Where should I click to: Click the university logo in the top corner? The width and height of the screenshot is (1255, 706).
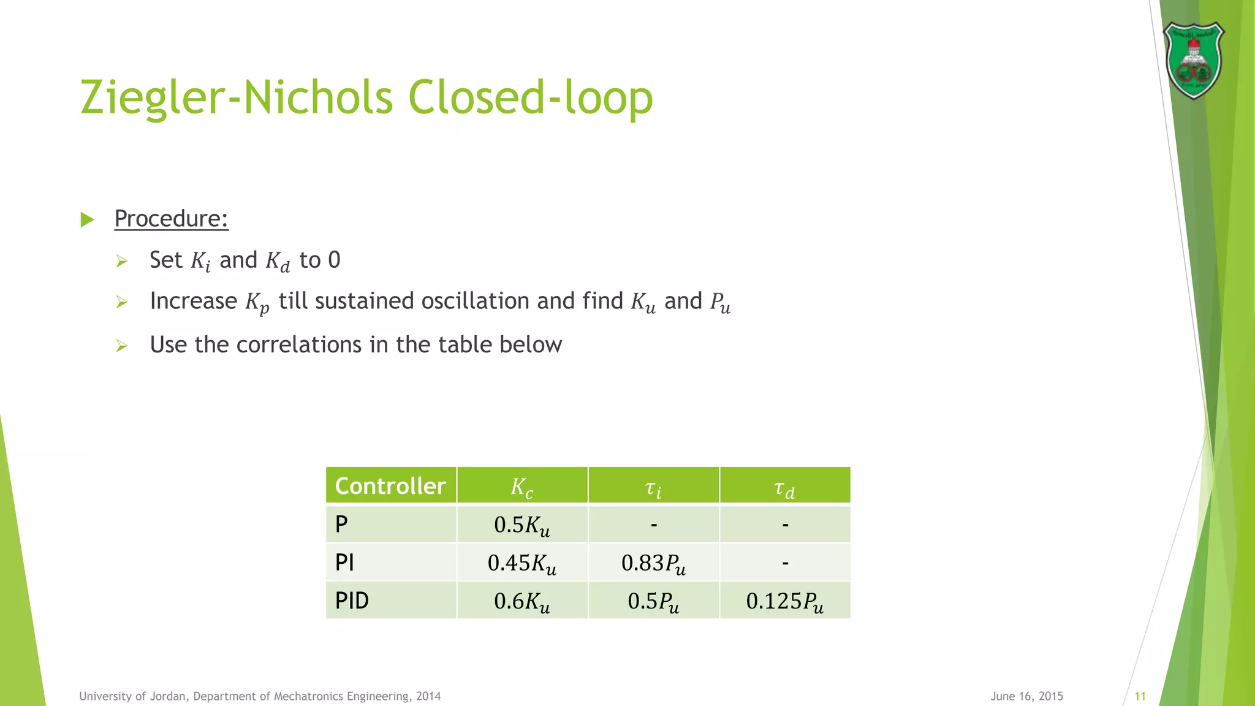pyautogui.click(x=1193, y=60)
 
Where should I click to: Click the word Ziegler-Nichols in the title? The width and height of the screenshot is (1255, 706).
pyautogui.click(x=236, y=97)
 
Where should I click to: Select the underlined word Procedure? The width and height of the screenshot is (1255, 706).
pyautogui.click(x=171, y=219)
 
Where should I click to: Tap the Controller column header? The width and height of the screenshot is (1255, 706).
pyautogui.click(x=390, y=486)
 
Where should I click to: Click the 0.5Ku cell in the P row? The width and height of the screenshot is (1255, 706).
pyautogui.click(x=522, y=525)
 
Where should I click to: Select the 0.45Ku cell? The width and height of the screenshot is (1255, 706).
pyautogui.click(x=522, y=563)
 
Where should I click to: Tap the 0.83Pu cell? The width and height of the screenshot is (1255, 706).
pyautogui.click(x=653, y=563)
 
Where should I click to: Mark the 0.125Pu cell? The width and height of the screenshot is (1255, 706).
pyautogui.click(x=784, y=601)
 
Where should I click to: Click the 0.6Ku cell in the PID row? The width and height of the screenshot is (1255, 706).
pyautogui.click(x=522, y=601)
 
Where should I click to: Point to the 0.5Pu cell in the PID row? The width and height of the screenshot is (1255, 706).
pyautogui.click(x=653, y=601)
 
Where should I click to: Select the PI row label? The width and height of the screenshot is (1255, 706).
pyautogui.click(x=344, y=563)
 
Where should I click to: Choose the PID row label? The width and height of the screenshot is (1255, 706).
pyautogui.click(x=352, y=601)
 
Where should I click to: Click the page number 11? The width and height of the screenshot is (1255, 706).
pyautogui.click(x=1140, y=696)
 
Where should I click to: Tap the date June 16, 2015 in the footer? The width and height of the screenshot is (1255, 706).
pyautogui.click(x=1026, y=696)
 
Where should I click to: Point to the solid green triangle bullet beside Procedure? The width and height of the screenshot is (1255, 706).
pyautogui.click(x=88, y=219)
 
